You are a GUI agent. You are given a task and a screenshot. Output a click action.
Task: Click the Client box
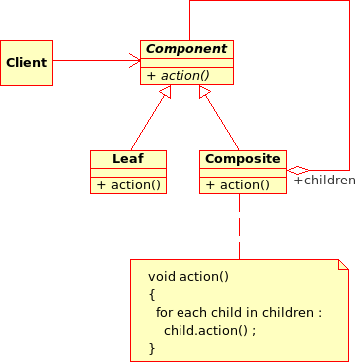tap(26, 63)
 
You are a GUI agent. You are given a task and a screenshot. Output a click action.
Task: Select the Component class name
tap(186, 48)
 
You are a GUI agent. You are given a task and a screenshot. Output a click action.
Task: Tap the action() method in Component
tap(179, 75)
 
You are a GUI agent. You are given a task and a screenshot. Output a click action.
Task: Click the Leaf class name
tap(128, 158)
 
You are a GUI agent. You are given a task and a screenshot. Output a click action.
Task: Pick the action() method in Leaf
tap(128, 184)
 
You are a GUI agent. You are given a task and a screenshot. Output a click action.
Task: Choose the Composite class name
tap(242, 158)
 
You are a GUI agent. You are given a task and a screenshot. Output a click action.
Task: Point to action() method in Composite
tap(237, 184)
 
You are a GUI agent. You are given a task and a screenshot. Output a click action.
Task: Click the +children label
tap(323, 181)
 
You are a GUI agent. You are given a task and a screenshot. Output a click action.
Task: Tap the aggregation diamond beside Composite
tap(296, 169)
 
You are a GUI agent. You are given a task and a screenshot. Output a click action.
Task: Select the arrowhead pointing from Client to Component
tap(134, 62)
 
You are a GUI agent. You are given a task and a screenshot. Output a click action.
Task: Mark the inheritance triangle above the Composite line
tap(204, 92)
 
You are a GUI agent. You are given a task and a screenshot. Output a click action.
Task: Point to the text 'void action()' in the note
tap(188, 275)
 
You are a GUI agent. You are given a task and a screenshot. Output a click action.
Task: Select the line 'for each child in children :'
tap(238, 311)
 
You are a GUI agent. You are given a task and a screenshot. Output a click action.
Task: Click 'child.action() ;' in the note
tap(210, 329)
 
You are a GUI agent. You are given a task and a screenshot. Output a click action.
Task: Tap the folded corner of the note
tap(344, 265)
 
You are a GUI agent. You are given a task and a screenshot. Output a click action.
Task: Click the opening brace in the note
tap(152, 293)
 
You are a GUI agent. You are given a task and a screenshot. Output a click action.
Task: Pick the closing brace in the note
tap(152, 347)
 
